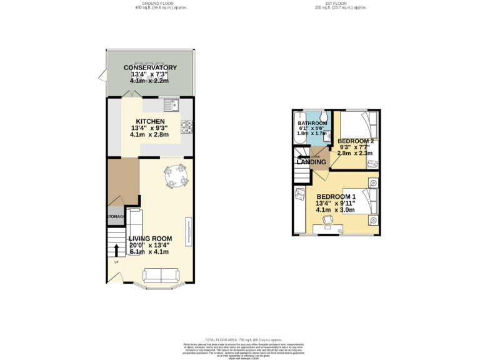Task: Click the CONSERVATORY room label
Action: point(150,67)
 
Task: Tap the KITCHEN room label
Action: point(150,121)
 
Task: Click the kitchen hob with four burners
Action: point(186,127)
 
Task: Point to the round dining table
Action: point(176,177)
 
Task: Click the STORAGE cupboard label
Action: point(116,216)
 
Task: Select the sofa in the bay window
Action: point(161,275)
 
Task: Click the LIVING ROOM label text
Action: point(150,238)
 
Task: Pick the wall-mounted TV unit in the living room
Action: point(186,231)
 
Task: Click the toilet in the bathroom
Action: point(323,118)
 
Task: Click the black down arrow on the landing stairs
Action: point(302,157)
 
